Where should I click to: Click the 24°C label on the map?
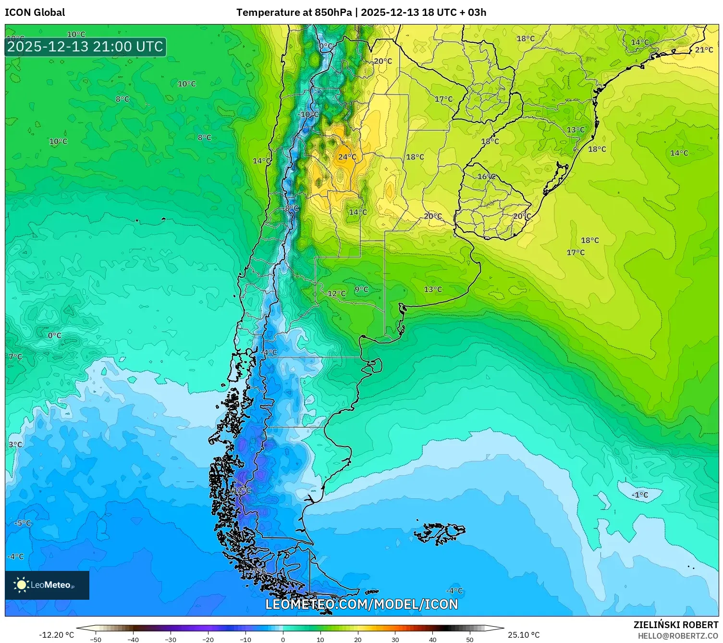(347, 157)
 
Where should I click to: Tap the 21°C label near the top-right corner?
(704, 50)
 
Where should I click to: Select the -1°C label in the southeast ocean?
(639, 495)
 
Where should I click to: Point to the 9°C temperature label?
(361, 289)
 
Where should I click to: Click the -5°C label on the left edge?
(23, 523)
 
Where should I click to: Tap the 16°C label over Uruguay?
(486, 177)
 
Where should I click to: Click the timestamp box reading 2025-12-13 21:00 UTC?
(86, 47)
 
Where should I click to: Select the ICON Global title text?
(35, 12)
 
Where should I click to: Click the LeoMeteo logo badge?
(47, 585)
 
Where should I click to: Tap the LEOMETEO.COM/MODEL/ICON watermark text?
(361, 604)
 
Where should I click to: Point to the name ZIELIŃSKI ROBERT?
(675, 625)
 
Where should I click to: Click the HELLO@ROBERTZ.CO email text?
(678, 636)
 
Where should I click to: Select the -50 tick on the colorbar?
(96, 639)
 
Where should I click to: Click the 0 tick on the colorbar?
(282, 639)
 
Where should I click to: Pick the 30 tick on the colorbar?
(395, 639)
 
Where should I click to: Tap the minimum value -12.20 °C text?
(56, 635)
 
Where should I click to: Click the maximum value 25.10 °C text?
(524, 635)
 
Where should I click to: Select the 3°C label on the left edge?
(15, 445)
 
